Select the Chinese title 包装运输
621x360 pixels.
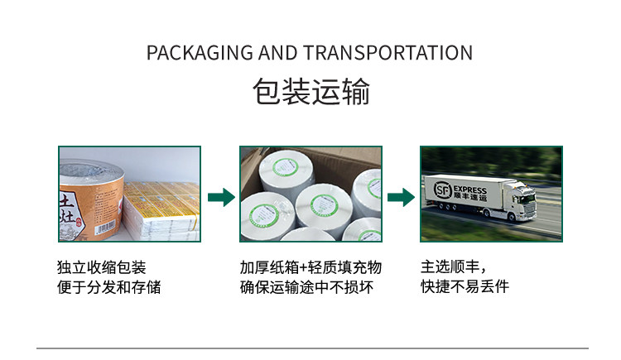310,92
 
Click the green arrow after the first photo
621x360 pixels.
220,197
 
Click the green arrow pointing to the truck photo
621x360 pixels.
400,197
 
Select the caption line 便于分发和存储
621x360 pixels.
108,287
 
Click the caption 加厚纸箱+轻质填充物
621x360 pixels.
310,267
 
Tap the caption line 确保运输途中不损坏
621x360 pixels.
306,287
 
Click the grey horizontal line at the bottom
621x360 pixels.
310,348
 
